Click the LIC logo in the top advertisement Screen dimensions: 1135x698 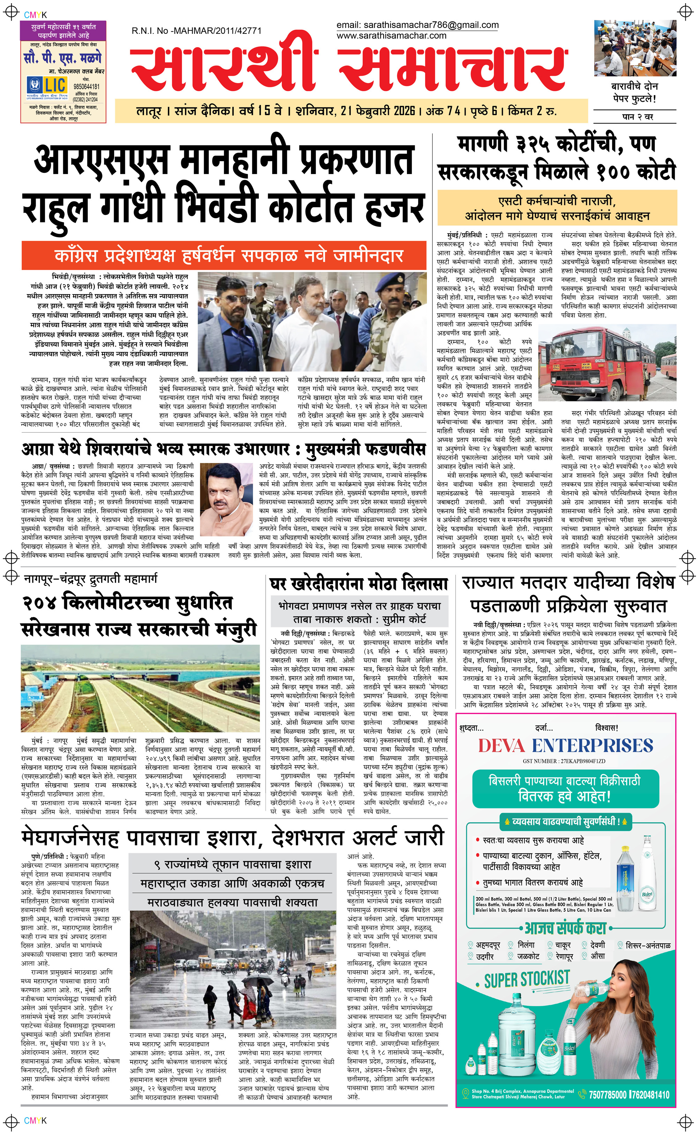click(x=47, y=86)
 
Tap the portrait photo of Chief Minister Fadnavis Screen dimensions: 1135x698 click(x=226, y=493)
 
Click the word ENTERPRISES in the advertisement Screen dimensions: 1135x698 click(x=592, y=746)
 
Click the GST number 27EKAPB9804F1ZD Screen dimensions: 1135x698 click(x=564, y=761)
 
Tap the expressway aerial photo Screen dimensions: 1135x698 click(x=140, y=688)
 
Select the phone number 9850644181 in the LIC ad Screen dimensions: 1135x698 click(x=86, y=86)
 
